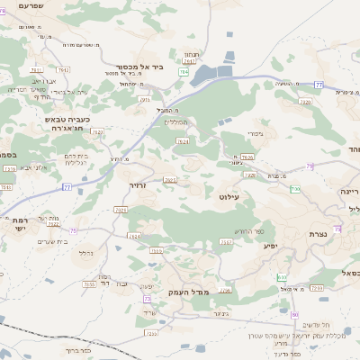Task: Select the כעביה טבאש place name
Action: pyautogui.click(x=68, y=119)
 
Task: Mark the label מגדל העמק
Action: pyautogui.click(x=187, y=292)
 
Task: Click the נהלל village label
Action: pyautogui.click(x=86, y=253)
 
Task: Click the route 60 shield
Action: pyautogui.click(x=294, y=315)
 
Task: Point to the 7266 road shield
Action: pyautogui.click(x=317, y=288)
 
